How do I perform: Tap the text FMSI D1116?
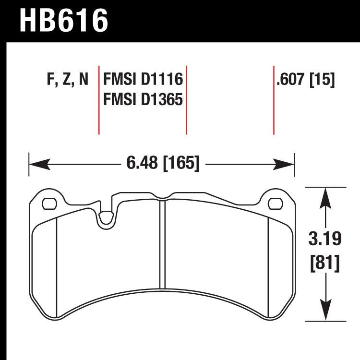tap(143, 80)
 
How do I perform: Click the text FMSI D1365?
tap(143, 100)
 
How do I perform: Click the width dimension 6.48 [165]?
tap(163, 164)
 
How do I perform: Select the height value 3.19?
tap(326, 238)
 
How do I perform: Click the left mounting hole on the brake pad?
tap(48, 204)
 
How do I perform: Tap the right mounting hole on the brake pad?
tap(275, 204)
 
